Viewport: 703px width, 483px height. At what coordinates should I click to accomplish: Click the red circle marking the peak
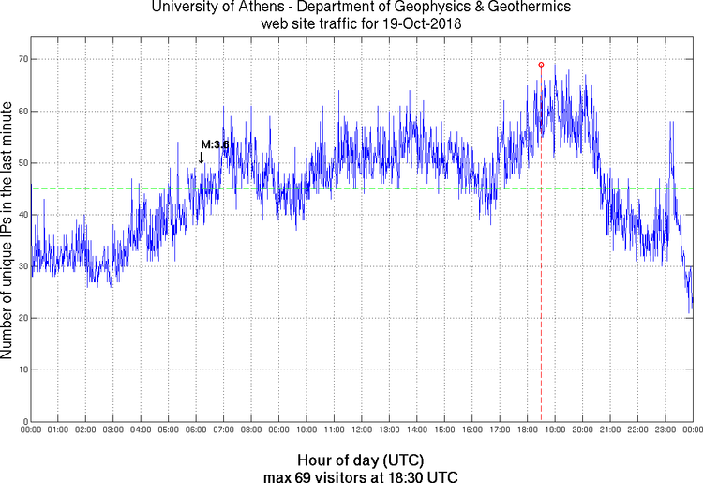(x=541, y=65)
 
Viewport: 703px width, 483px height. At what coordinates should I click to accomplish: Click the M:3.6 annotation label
(x=215, y=144)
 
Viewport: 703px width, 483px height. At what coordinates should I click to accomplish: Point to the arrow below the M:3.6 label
(x=201, y=158)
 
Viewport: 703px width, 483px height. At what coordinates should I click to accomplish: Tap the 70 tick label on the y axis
(x=20, y=59)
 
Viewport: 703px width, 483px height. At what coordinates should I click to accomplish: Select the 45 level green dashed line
(x=281, y=189)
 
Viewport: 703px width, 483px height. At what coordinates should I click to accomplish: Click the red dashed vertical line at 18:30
(x=541, y=281)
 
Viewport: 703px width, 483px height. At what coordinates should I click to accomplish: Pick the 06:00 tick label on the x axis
(x=195, y=430)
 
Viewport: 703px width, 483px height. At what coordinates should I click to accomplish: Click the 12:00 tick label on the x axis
(x=361, y=430)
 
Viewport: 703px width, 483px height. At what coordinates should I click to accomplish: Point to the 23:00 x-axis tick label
(x=665, y=430)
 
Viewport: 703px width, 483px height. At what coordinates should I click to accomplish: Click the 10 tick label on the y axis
(x=20, y=370)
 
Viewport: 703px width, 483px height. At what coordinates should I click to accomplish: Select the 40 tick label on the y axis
(x=20, y=215)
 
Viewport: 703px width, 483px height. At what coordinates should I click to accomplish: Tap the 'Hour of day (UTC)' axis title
(x=361, y=460)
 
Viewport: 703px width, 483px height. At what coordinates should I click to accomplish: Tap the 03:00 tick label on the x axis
(x=112, y=430)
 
